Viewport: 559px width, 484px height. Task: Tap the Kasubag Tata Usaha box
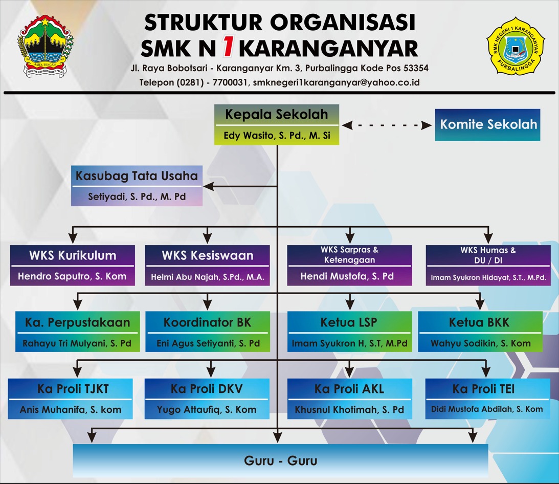click(137, 185)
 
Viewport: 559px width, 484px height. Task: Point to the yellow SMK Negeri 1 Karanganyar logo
click(515, 47)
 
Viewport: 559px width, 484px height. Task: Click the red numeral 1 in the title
click(228, 48)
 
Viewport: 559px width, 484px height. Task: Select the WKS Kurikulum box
click(72, 265)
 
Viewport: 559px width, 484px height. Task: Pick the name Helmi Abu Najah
click(207, 277)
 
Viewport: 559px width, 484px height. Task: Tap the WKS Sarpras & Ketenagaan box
click(349, 265)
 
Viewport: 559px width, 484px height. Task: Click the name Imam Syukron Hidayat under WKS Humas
click(488, 278)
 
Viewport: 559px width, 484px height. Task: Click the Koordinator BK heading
click(207, 323)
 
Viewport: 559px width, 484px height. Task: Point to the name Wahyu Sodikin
click(480, 343)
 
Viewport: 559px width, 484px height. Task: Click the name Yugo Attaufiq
click(207, 410)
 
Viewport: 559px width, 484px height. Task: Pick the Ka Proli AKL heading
click(349, 389)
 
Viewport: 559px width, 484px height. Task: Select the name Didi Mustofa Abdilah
click(487, 409)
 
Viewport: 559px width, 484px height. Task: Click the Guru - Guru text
click(280, 460)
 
